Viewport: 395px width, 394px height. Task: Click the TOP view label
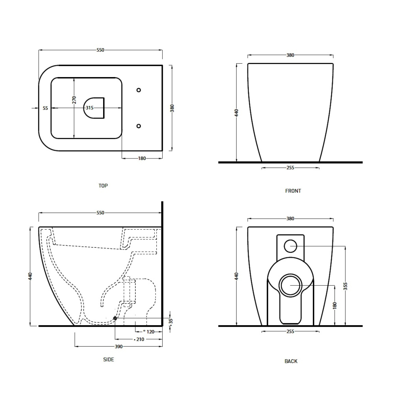(103, 186)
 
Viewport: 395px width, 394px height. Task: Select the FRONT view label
(293, 191)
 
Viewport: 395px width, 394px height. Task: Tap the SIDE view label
(109, 360)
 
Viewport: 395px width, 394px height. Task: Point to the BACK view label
(291, 362)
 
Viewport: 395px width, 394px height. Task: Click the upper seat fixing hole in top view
(139, 90)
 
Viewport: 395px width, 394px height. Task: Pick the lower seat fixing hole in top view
(139, 126)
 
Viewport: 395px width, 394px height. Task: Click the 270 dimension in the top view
(74, 100)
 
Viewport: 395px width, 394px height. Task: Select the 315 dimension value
(89, 108)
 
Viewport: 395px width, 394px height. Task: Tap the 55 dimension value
(45, 108)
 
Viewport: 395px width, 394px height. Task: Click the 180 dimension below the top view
(142, 158)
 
